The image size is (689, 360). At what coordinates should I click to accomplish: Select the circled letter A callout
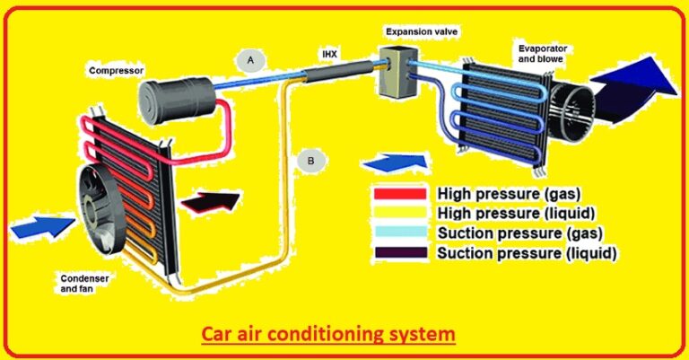pos(250,60)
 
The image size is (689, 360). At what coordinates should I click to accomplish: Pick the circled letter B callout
pos(310,162)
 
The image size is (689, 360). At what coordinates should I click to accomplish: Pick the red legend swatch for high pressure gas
pos(400,193)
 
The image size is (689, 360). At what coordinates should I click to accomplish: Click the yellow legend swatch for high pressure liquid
pos(400,213)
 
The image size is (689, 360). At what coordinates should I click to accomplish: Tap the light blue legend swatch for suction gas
pos(400,233)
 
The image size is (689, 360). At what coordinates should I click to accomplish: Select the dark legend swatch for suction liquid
pos(400,253)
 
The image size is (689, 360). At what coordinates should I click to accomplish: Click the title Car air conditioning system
pos(327,334)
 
